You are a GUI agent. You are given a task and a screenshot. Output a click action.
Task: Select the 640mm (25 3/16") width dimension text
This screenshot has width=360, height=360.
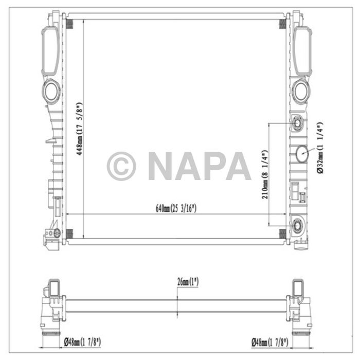tap(176, 208)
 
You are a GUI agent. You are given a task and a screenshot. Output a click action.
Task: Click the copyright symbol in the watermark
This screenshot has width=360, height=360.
tap(121, 166)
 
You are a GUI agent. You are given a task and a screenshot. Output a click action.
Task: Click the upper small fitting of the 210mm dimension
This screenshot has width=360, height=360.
tap(298, 124)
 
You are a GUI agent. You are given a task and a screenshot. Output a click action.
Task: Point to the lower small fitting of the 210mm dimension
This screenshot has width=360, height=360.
tap(298, 226)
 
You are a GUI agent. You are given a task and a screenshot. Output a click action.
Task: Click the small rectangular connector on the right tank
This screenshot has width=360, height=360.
tap(297, 191)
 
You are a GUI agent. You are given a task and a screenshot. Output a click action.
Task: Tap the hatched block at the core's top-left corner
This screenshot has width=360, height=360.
tap(71, 24)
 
